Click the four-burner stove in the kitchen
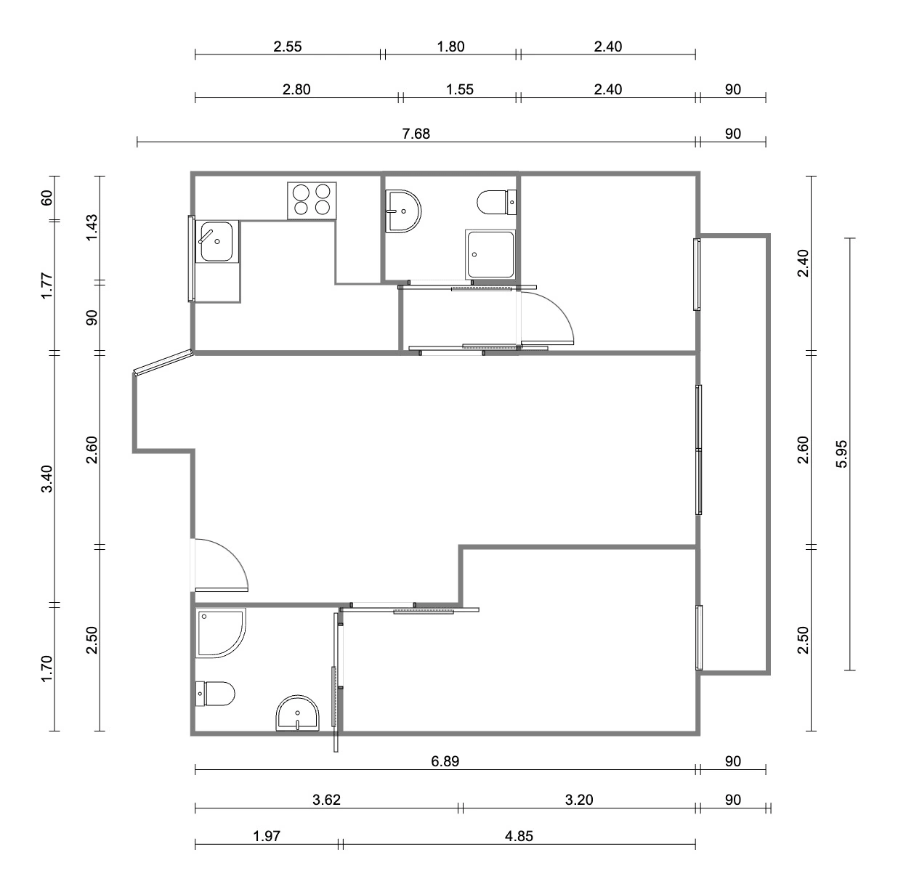pos(312,200)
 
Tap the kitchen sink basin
pos(217,241)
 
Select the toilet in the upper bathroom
pos(497,202)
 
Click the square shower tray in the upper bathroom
pos(490,254)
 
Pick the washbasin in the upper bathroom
pos(403,211)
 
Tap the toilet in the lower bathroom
pos(215,694)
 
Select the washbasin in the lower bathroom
pos(298,713)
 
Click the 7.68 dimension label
pos(416,134)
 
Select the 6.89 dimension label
pos(445,761)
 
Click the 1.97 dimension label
pos(267,836)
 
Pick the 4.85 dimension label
pos(519,836)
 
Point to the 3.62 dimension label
pos(327,800)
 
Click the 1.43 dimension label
pos(92,227)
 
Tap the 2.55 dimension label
pos(288,46)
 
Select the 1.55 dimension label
pos(459,89)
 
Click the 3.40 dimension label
pos(47,479)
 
